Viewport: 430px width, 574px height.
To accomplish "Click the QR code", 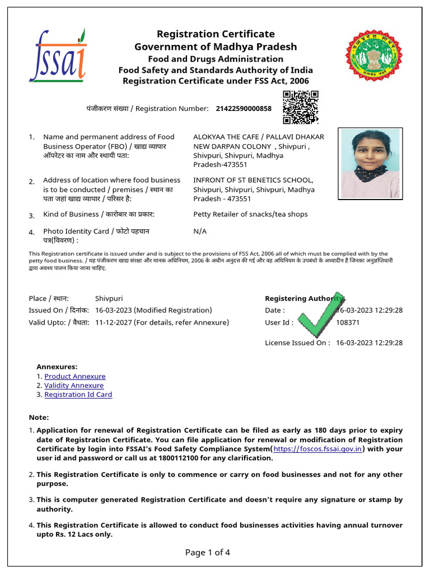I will click(301, 107).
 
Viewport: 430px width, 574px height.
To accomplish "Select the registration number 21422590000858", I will click(244, 108).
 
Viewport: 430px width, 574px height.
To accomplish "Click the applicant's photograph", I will click(371, 163).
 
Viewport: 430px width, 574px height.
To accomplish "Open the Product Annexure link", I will click(75, 377).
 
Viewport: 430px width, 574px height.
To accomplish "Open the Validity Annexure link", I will click(74, 386).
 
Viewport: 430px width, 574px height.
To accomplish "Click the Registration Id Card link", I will click(78, 395).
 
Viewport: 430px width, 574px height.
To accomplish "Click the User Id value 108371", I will click(348, 323).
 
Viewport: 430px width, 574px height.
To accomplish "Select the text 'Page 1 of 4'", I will click(208, 553).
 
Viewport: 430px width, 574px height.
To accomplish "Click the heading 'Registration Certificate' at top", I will click(216, 34).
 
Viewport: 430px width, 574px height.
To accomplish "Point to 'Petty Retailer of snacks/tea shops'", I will click(250, 214).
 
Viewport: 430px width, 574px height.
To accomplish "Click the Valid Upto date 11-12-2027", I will click(114, 323).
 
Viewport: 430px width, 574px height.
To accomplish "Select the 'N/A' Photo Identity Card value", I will click(200, 231).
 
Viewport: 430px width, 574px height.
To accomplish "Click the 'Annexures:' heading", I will click(57, 367).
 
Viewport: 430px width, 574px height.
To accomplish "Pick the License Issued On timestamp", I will click(370, 343).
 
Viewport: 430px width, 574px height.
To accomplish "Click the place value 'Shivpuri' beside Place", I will click(109, 299).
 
